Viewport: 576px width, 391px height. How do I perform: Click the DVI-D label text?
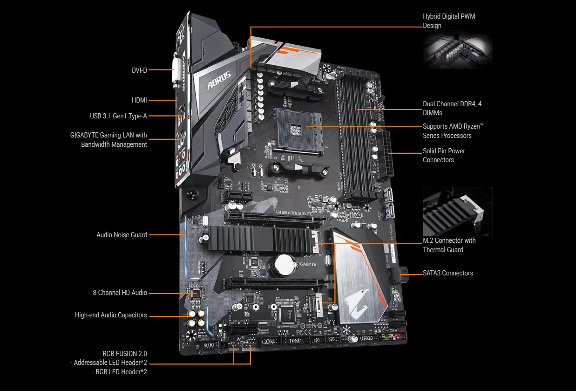[139, 70]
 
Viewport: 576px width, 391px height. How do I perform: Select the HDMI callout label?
[139, 100]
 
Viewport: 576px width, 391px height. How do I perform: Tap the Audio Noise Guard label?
[122, 235]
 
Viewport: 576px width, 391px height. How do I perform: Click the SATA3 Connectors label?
[447, 273]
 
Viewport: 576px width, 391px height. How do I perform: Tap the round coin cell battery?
[282, 265]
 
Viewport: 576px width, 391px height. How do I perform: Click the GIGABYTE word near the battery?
[306, 264]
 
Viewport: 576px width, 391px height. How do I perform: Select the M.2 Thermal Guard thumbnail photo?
[457, 211]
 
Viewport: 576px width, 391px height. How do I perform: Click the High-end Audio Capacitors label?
[111, 315]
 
